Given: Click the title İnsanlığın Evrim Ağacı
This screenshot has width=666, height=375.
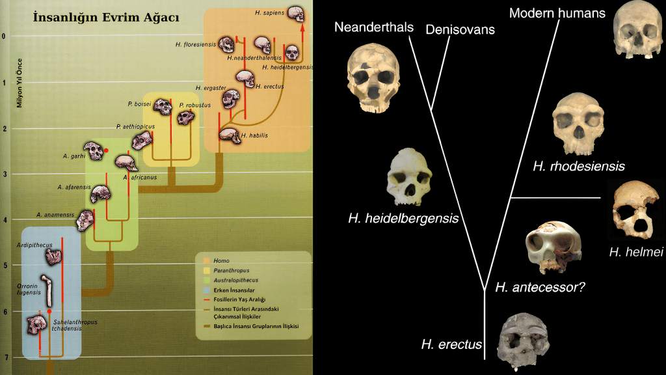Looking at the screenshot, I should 106,18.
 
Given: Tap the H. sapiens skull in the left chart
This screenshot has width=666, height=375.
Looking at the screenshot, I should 295,14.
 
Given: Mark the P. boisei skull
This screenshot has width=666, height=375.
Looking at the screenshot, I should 162,106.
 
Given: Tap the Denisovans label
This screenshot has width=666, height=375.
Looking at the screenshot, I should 460,29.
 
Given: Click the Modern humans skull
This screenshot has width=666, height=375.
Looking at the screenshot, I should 637,29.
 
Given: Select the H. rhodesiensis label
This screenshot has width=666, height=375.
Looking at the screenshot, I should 578,166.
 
